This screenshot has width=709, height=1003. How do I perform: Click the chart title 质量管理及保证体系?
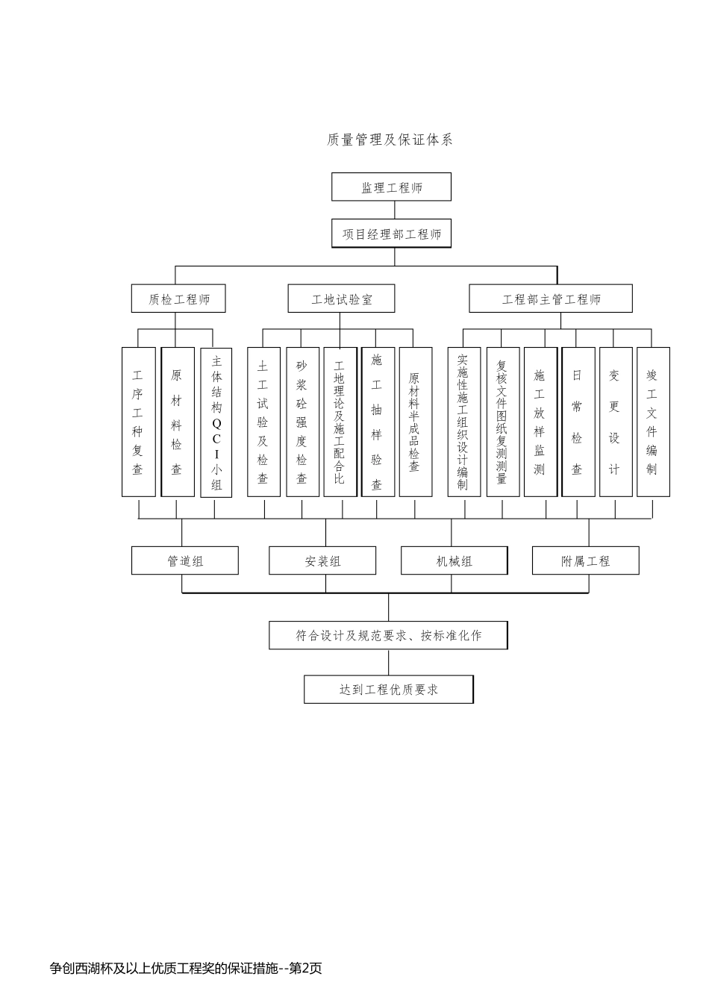[x=390, y=140]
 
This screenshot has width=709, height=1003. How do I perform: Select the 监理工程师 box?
[x=391, y=187]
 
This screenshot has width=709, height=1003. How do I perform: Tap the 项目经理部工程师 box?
[x=391, y=234]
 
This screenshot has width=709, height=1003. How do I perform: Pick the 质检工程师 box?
[x=178, y=299]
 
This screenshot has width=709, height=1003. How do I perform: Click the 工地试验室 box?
[x=341, y=299]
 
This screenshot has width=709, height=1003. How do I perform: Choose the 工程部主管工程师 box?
[x=550, y=299]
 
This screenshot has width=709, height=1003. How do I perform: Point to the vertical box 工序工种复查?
[x=138, y=422]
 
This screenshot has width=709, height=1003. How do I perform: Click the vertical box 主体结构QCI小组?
[x=216, y=422]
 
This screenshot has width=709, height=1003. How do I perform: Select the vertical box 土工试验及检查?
[x=263, y=422]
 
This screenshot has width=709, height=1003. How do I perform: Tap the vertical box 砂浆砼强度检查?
[x=302, y=422]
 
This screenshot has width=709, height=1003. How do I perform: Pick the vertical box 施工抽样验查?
[x=378, y=422]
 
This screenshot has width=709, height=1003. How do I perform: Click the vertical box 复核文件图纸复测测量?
[x=502, y=422]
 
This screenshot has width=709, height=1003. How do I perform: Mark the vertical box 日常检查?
[x=578, y=422]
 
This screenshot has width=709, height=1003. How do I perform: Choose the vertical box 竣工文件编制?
[x=653, y=422]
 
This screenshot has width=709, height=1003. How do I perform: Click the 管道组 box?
[x=185, y=560]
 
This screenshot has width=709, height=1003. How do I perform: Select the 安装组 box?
[x=322, y=560]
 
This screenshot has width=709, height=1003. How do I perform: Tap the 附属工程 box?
[x=586, y=560]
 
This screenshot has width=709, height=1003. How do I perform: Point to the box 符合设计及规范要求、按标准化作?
[x=388, y=635]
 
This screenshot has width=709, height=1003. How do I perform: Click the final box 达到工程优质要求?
[x=388, y=690]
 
